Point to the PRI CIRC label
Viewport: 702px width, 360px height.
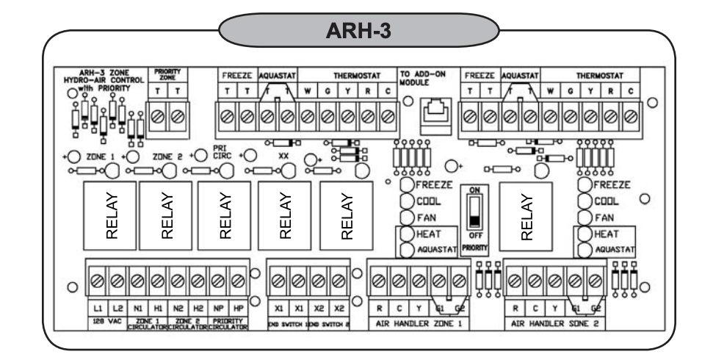(x=222, y=152)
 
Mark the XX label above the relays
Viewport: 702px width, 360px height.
(x=283, y=156)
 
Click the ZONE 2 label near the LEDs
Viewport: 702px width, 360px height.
(x=167, y=156)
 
